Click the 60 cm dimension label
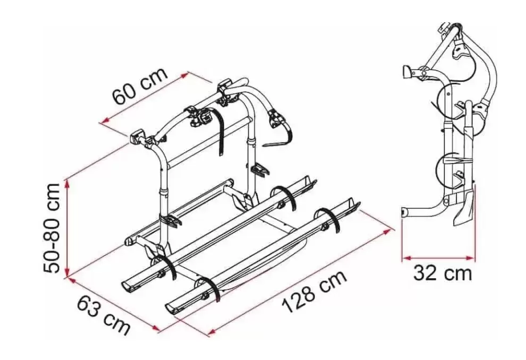click(x=140, y=86)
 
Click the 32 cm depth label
click(x=443, y=273)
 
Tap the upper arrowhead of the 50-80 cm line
click(x=68, y=183)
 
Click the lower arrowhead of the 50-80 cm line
click(x=68, y=272)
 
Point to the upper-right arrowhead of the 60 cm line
click(x=184, y=75)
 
